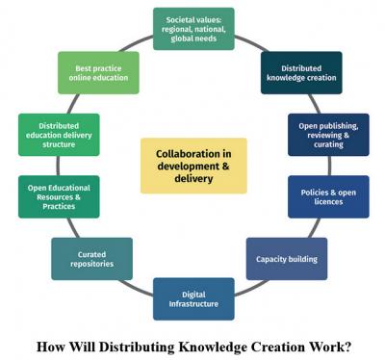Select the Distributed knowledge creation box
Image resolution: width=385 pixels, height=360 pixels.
click(x=301, y=73)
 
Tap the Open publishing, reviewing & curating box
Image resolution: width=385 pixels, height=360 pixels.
click(x=328, y=135)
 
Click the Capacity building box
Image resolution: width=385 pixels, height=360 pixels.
click(x=286, y=259)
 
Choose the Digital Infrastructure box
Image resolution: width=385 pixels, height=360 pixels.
click(x=193, y=298)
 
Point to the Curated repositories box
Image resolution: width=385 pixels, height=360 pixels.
click(x=92, y=259)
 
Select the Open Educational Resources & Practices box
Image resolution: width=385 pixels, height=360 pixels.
click(x=59, y=196)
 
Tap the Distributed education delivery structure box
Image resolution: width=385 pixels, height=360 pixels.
click(x=59, y=135)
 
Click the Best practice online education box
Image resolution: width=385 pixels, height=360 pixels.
click(x=99, y=73)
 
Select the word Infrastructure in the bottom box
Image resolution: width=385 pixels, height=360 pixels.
click(x=193, y=304)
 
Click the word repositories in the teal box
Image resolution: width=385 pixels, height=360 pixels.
click(x=92, y=265)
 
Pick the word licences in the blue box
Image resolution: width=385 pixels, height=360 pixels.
click(x=328, y=203)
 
